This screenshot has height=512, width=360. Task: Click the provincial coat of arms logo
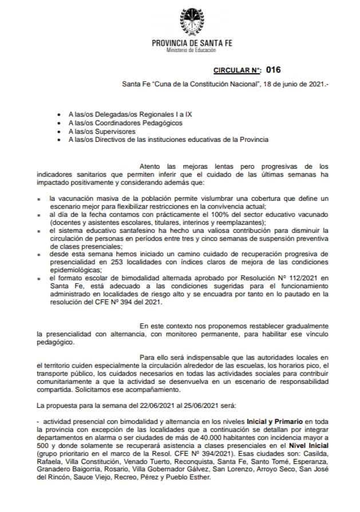[x=191, y=22]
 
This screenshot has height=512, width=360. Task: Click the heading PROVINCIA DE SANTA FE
[x=192, y=43]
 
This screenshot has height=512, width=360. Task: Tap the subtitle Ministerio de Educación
[x=191, y=50]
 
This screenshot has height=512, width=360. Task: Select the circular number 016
[x=274, y=70]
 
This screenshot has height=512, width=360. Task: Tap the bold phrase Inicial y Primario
[x=277, y=421]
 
